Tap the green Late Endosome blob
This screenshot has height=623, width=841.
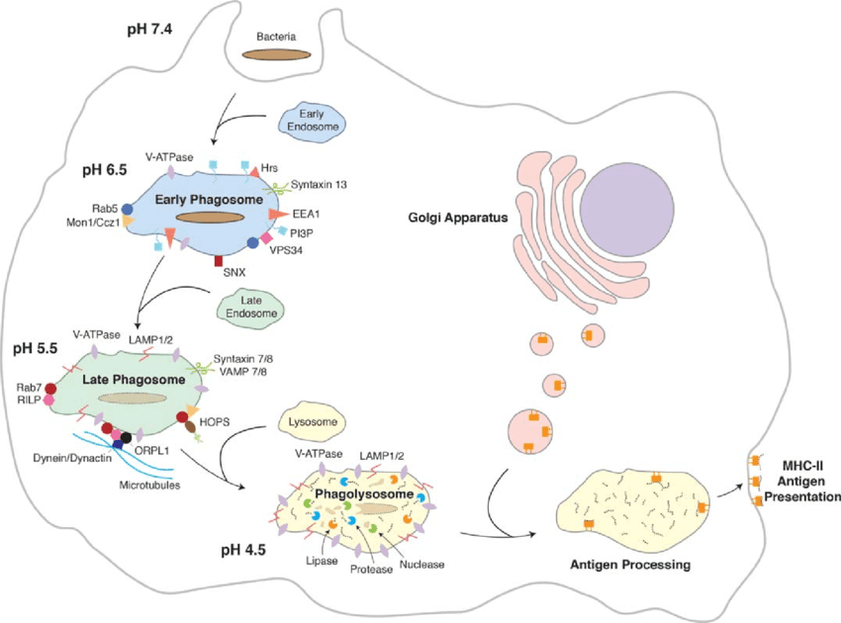tap(248, 309)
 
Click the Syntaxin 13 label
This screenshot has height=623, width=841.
tap(320, 184)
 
